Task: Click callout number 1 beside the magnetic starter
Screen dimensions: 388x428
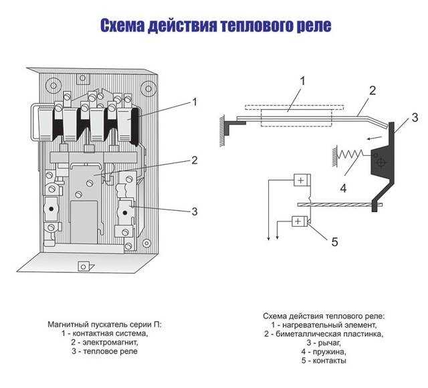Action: [195, 102]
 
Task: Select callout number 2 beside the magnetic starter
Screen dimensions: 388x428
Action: [195, 160]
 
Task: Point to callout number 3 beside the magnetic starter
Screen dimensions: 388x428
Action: [195, 211]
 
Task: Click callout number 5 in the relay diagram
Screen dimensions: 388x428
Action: [335, 241]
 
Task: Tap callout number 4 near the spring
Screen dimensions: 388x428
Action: [342, 188]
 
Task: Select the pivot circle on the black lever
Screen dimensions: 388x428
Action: [381, 162]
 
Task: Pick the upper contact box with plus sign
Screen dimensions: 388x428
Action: [301, 181]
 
